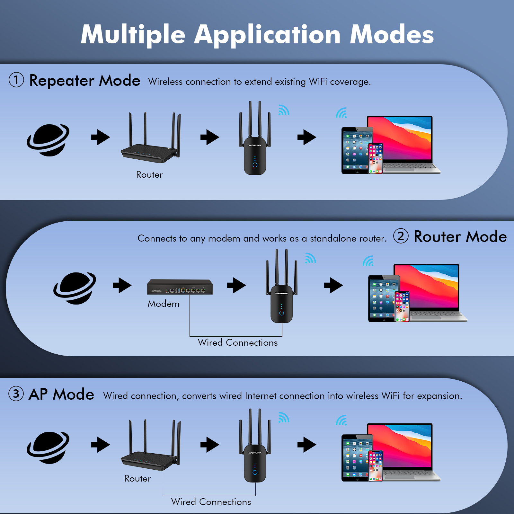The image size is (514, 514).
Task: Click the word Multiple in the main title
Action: point(133,35)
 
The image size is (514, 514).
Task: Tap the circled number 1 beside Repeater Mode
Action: point(16,80)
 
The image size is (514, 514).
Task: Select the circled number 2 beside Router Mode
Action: point(401,236)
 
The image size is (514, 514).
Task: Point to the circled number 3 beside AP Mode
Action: point(16,394)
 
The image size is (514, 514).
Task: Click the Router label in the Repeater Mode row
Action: point(149,174)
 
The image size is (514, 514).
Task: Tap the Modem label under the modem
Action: point(164,304)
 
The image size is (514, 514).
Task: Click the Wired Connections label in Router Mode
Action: point(238,342)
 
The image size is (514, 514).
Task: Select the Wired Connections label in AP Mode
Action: point(211,502)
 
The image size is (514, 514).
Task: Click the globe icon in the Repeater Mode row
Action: point(48,140)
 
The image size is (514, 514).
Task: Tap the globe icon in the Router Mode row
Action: point(75,288)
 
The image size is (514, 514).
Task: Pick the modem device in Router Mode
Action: point(180,287)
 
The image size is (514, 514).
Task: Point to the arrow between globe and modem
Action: point(122,285)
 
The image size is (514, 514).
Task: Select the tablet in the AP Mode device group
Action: point(356,458)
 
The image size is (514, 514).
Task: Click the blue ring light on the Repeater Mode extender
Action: point(255,165)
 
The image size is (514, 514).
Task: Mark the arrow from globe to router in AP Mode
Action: point(101,445)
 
